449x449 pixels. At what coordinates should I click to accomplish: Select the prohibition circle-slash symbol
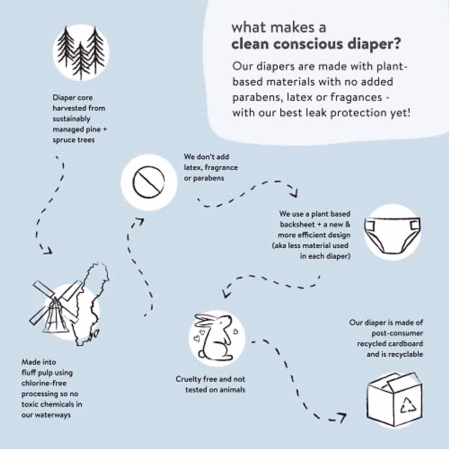[149, 183]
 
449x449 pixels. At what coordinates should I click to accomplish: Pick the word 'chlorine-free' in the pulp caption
[44, 383]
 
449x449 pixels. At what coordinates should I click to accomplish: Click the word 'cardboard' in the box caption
[406, 343]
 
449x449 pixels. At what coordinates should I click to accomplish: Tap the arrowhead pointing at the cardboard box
[341, 416]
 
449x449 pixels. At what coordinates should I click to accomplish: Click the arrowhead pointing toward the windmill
[47, 250]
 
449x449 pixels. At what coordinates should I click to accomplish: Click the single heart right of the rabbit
[236, 331]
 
